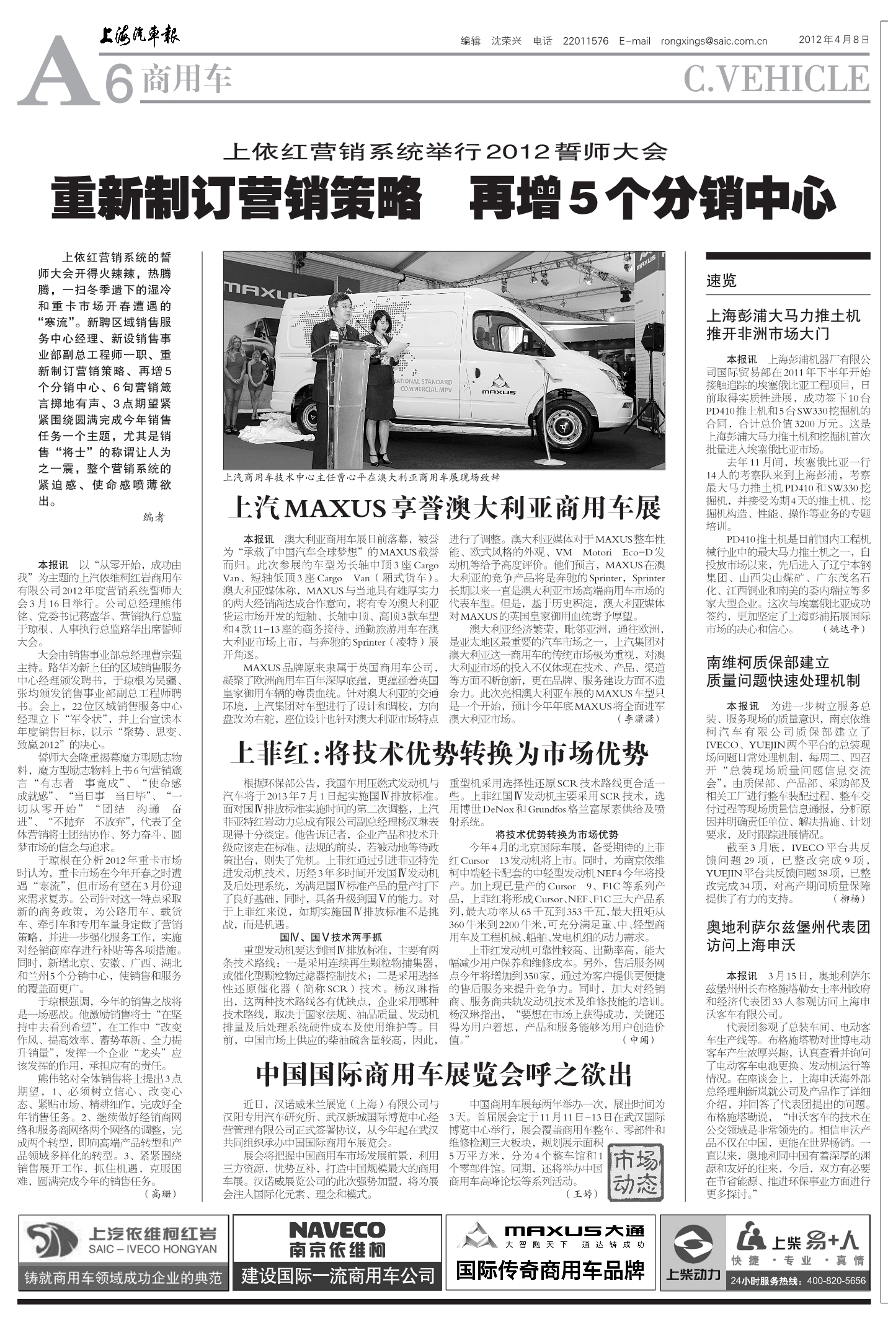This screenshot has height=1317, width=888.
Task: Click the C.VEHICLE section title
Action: [776, 79]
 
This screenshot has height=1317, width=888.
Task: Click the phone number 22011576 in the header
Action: [585, 42]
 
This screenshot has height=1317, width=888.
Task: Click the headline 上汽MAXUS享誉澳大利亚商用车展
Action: [444, 509]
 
